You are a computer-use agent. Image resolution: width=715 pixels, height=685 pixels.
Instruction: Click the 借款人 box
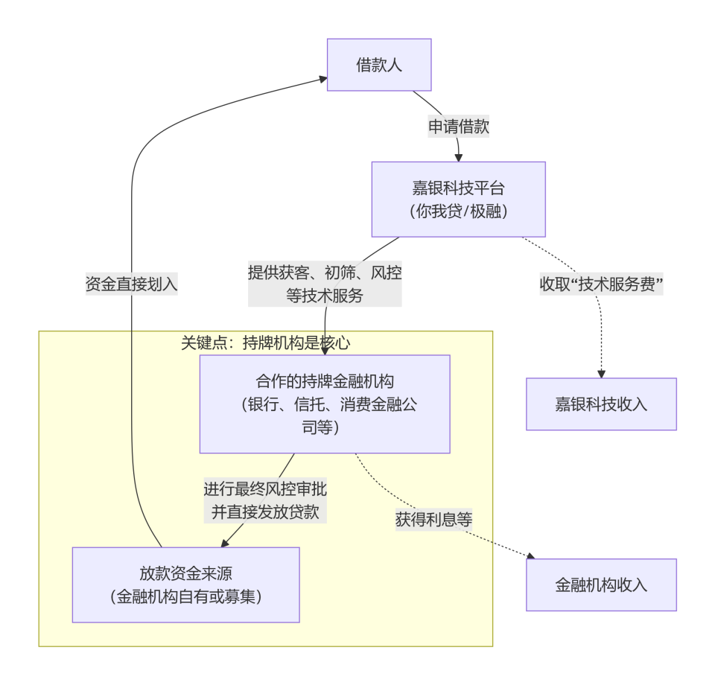coord(379,65)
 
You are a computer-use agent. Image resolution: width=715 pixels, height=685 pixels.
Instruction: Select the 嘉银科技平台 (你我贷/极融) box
coord(458,200)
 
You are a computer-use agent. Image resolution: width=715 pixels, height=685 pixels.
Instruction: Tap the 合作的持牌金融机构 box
coord(325,404)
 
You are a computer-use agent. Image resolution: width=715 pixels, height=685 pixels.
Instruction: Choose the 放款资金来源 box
coord(185,584)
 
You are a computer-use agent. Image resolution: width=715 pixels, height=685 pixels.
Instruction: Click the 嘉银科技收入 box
coord(601,404)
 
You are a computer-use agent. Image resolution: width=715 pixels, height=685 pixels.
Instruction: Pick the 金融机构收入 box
coord(601,584)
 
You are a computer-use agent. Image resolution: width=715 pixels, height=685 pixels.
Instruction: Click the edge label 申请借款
coord(458,127)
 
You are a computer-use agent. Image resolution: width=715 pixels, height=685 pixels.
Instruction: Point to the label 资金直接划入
coord(132,284)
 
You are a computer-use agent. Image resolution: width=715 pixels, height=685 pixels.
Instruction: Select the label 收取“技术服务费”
coord(601,284)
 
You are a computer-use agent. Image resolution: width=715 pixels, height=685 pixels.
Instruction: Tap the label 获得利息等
coord(433,519)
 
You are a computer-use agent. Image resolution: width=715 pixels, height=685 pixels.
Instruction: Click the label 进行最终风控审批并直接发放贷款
coord(265,500)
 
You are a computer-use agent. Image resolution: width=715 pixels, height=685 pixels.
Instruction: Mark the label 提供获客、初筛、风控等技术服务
coord(325,284)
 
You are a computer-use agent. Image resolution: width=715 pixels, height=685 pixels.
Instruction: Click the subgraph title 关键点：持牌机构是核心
coord(265,342)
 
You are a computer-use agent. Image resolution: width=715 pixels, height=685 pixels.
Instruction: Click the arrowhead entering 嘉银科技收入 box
coord(601,373)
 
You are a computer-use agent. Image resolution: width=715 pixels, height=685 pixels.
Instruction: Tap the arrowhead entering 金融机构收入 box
coord(531,556)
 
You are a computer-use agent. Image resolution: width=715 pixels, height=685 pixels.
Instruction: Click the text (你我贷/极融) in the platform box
coord(458,211)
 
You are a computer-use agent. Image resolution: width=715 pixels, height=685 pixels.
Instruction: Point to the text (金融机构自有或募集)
coord(185,596)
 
